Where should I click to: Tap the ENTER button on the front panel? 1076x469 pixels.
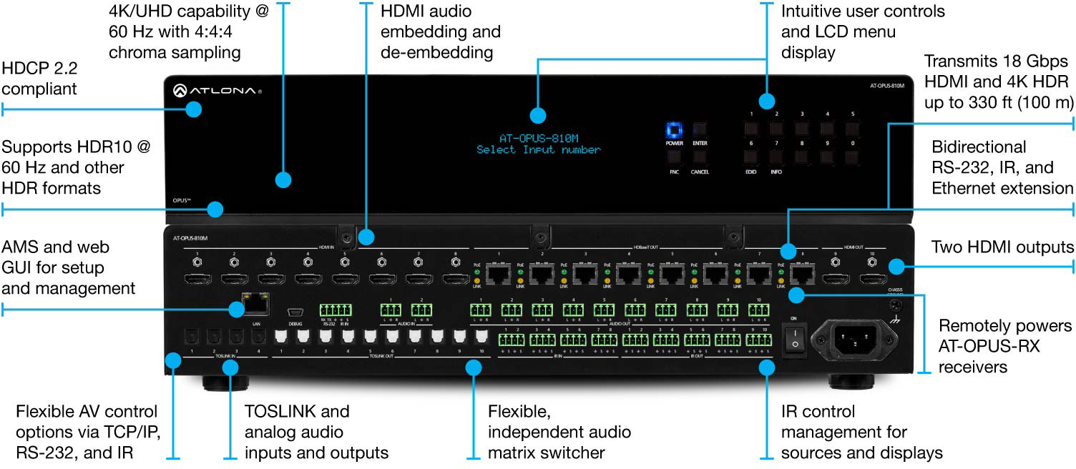point(700,130)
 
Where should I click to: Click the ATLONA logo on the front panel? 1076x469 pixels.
point(217,91)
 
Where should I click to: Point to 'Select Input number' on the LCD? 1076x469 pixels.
point(539,150)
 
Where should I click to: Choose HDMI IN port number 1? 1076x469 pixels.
point(195,279)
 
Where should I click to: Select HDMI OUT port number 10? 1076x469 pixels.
point(872,279)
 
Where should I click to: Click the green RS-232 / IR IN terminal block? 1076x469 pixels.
point(337,310)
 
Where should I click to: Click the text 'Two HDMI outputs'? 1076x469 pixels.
point(1002,247)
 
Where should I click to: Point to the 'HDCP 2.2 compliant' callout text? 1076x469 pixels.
point(39,79)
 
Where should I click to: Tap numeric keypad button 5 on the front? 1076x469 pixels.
point(852,130)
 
